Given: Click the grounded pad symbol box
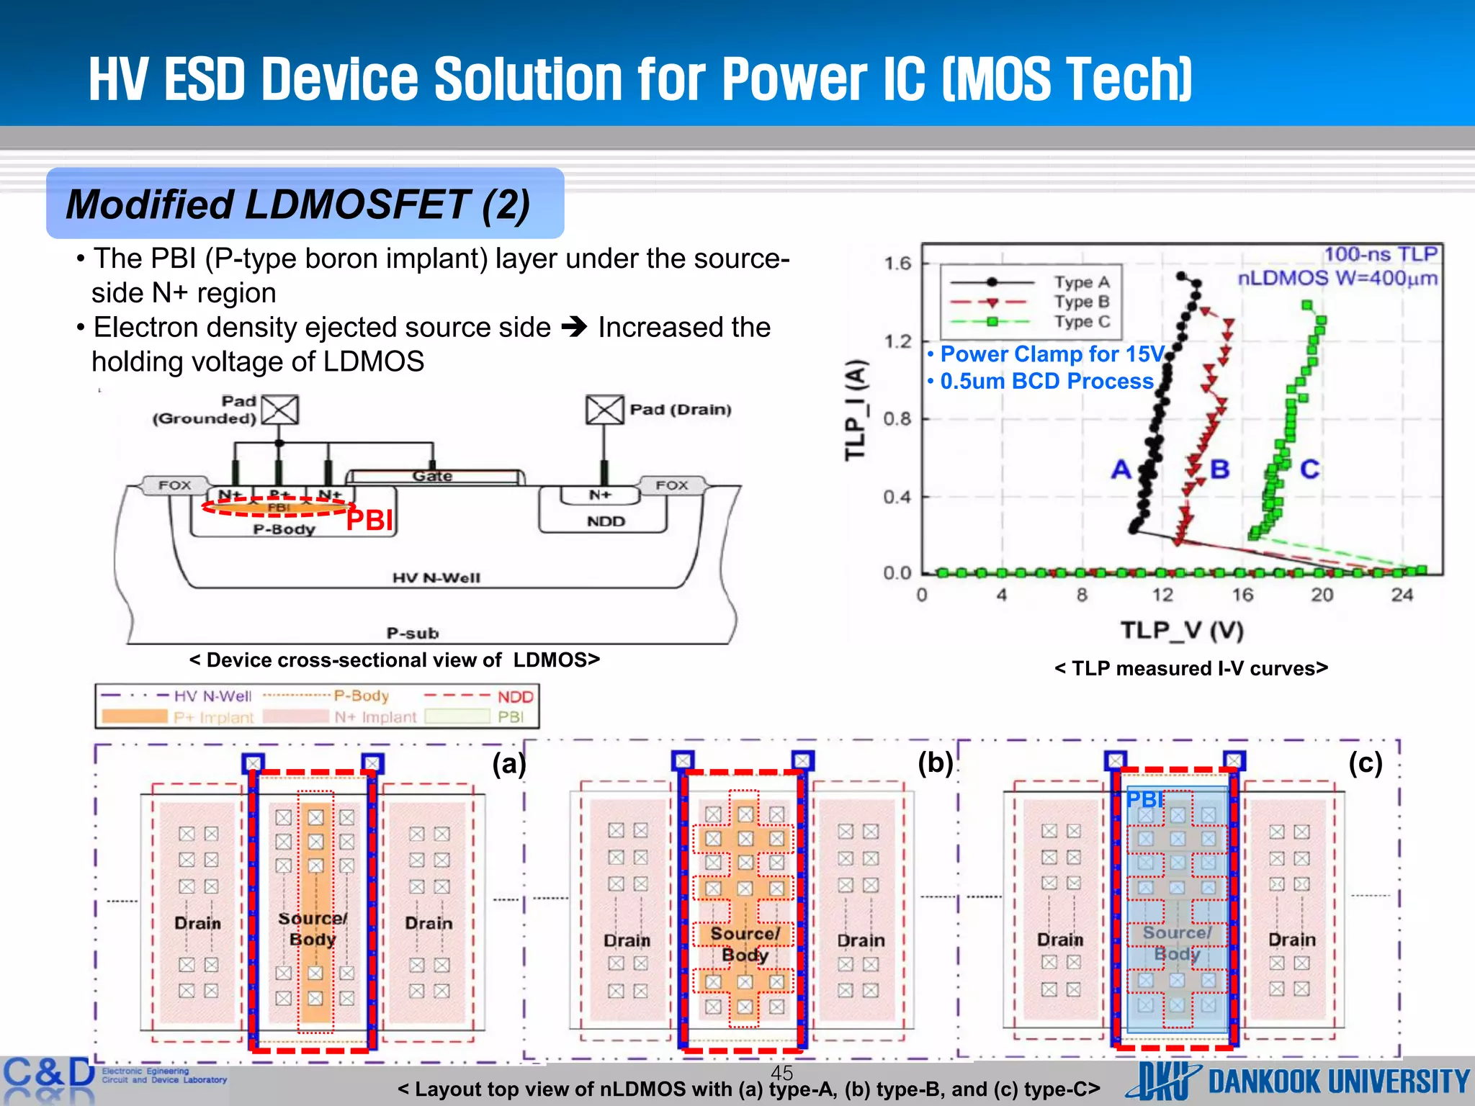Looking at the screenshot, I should click(279, 410).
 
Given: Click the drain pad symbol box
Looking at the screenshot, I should click(604, 410).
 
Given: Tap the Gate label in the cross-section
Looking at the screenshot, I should click(432, 476).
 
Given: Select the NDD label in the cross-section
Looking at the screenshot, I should click(606, 521).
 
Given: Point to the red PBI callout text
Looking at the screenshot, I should click(369, 520).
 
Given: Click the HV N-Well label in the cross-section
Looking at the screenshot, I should click(436, 577).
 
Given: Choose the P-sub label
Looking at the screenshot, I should click(412, 633).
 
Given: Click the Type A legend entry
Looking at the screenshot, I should click(1082, 282).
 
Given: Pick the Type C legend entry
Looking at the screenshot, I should click(1082, 322).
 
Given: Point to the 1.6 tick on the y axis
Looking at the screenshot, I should click(897, 264).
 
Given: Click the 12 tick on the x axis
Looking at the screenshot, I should click(1162, 595).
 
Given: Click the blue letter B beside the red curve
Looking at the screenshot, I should click(1219, 469).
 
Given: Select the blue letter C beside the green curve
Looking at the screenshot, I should click(1309, 469).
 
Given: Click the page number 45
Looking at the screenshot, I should click(781, 1072).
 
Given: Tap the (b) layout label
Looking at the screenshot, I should click(935, 763).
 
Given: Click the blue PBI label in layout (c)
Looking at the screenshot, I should click(1144, 799).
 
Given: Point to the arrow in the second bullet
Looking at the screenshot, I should click(574, 328).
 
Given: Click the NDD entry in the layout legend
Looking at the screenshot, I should click(515, 697).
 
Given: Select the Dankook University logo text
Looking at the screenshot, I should click(1338, 1082).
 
